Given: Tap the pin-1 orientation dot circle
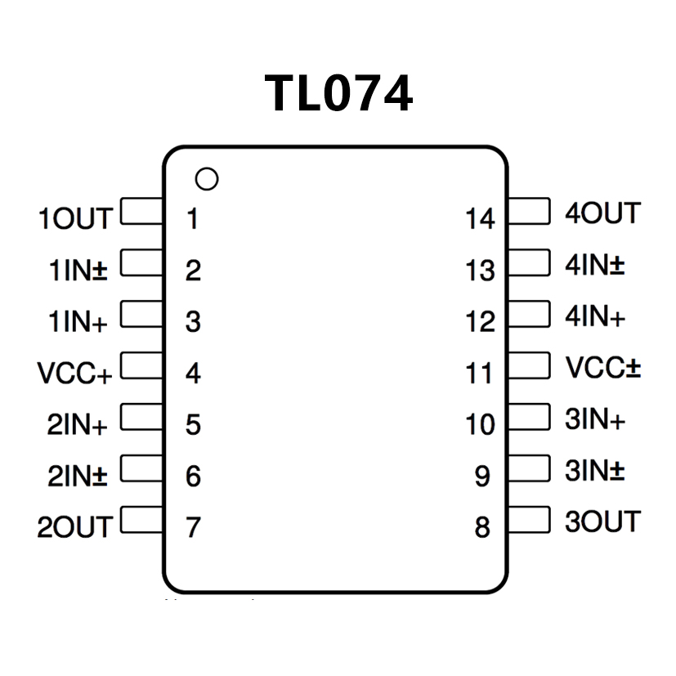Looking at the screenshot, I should pyautogui.click(x=208, y=179).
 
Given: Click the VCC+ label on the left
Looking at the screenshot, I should pyautogui.click(x=74, y=374).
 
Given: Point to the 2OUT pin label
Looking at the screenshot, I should pyautogui.click(x=74, y=527).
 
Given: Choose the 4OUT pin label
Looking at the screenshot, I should pyautogui.click(x=602, y=213).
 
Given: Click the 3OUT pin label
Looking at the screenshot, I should pyautogui.click(x=602, y=521).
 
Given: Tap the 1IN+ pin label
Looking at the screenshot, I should pyautogui.click(x=78, y=322).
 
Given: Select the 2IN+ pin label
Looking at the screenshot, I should pyautogui.click(x=77, y=425).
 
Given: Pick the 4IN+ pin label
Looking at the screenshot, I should pyautogui.click(x=595, y=316).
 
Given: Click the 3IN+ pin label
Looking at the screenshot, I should pyautogui.click(x=595, y=420).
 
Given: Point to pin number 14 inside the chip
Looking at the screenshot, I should pyautogui.click(x=481, y=219).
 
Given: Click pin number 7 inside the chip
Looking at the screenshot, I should pyautogui.click(x=193, y=528).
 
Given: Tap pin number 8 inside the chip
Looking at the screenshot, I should pyautogui.click(x=482, y=528).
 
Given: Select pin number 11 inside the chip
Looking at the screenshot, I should pyautogui.click(x=481, y=374).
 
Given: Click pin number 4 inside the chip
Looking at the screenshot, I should pyautogui.click(x=193, y=374).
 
